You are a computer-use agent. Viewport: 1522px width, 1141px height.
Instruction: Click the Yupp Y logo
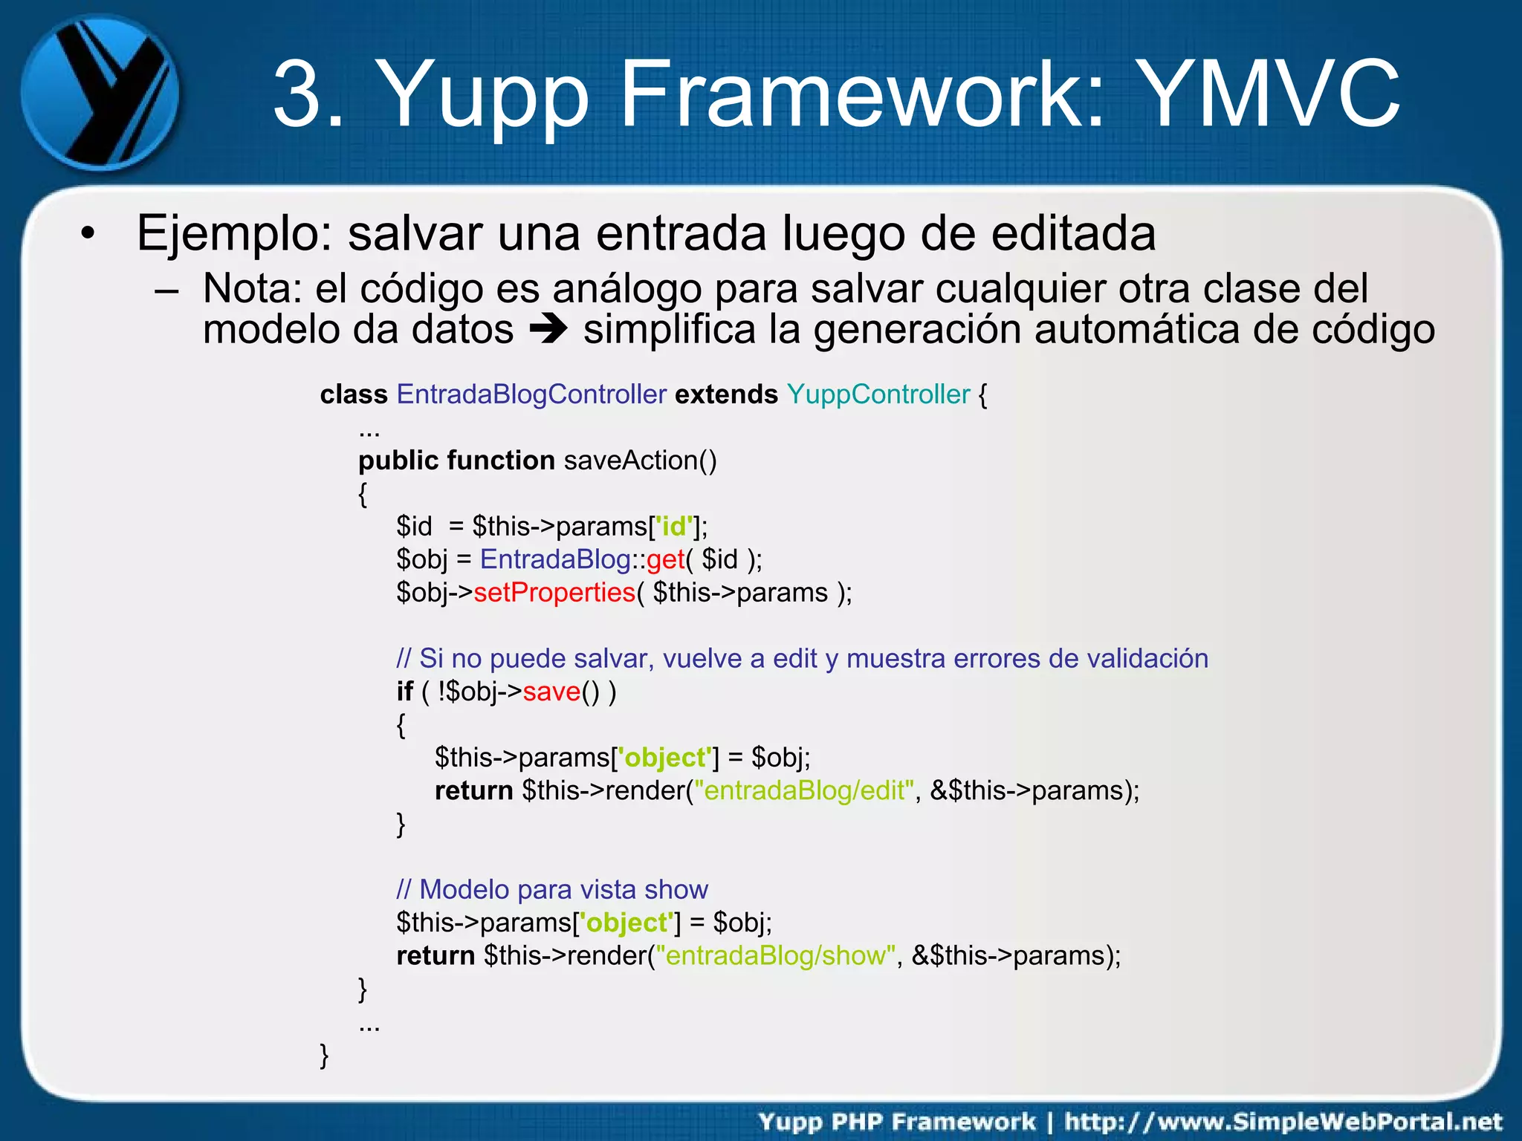pos(100,93)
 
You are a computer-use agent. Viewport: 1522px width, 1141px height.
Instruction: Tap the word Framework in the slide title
pos(862,95)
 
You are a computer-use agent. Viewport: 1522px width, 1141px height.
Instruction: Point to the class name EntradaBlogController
pos(531,394)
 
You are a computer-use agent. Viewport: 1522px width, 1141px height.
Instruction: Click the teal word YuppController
pos(878,394)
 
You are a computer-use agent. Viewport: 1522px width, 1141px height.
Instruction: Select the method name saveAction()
pos(640,461)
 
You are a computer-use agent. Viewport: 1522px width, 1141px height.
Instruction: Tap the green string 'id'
pos(675,527)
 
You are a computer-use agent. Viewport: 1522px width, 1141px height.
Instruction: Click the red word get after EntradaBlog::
pos(665,559)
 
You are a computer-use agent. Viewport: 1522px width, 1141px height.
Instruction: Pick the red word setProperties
pos(554,593)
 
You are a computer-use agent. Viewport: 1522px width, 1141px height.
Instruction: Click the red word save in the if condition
pos(551,692)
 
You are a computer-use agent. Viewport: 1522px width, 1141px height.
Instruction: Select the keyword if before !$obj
pos(404,692)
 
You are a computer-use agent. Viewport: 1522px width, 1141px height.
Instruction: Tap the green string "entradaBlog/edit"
pos(804,790)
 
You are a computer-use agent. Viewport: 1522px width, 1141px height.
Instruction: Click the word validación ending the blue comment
pos(1147,659)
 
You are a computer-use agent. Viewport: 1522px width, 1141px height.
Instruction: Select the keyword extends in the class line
pos(726,394)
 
